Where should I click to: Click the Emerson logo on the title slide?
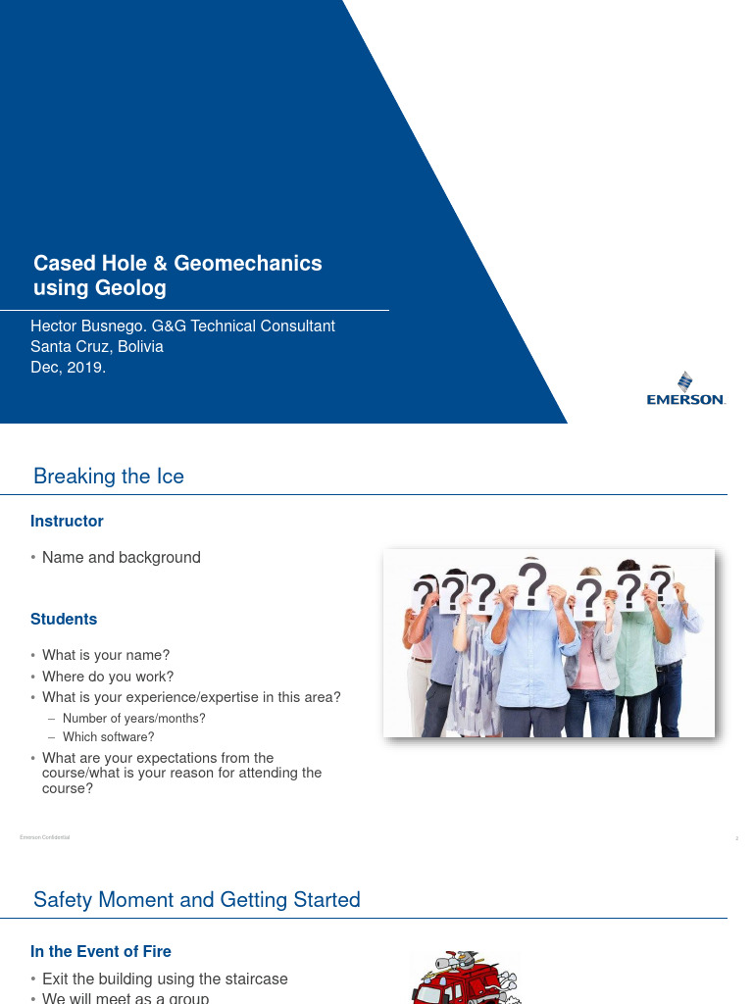[685, 389]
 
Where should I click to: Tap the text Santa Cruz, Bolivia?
[97, 346]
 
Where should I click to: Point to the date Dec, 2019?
[68, 368]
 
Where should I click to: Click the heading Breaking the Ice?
[109, 477]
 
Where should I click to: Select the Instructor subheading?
[67, 521]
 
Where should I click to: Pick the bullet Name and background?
[122, 557]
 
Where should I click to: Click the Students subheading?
[64, 619]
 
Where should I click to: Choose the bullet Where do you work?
[108, 677]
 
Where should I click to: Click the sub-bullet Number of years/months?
[134, 719]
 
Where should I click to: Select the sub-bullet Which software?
[109, 737]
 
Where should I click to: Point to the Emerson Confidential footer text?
[44, 837]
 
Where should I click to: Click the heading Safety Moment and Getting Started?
[197, 900]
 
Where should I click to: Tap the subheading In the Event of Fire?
[101, 951]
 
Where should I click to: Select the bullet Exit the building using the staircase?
[165, 979]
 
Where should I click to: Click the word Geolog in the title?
[131, 288]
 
